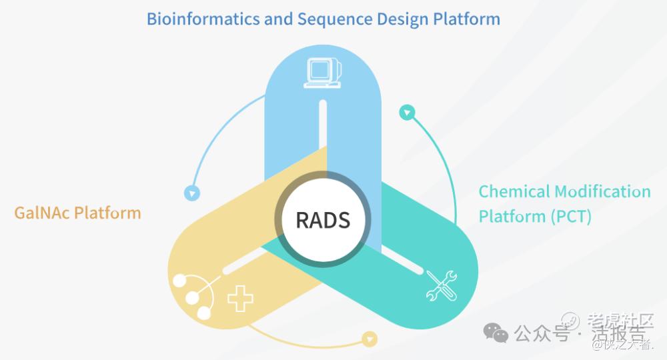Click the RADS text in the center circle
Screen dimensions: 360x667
(323, 219)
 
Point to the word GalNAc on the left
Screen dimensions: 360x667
(41, 213)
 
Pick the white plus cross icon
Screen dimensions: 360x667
(240, 301)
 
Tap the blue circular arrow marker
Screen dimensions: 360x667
(192, 194)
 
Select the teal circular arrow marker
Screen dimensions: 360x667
(407, 111)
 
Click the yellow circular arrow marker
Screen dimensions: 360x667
(368, 339)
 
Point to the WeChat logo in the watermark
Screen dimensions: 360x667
(495, 331)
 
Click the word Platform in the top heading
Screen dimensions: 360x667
(467, 19)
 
